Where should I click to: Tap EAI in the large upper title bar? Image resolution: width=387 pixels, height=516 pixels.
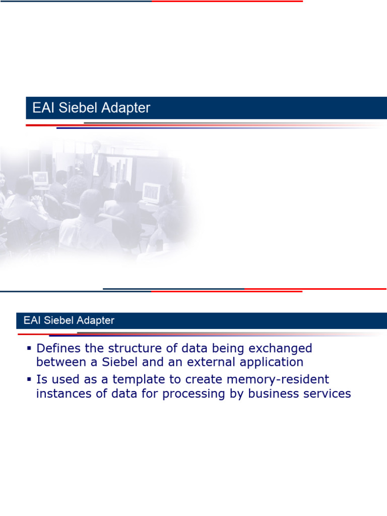tap(42, 108)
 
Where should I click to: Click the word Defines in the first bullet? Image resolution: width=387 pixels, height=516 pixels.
tap(59, 348)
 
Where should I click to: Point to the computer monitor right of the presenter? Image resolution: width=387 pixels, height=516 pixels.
tap(152, 192)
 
